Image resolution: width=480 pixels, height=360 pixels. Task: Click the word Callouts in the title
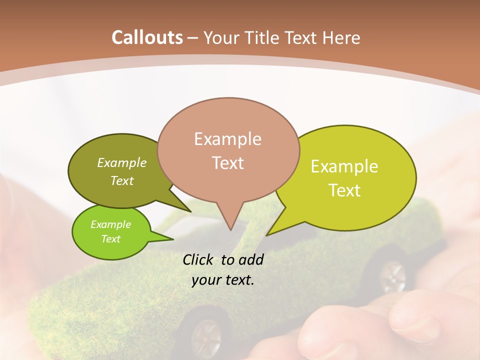(147, 38)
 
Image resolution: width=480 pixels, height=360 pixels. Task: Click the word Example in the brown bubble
(227, 139)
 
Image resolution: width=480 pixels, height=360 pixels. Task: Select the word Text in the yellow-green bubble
(344, 190)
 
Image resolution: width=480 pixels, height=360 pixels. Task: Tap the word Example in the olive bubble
(121, 163)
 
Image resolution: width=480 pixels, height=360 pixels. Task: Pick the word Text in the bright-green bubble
(111, 239)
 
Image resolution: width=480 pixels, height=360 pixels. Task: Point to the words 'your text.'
(223, 280)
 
